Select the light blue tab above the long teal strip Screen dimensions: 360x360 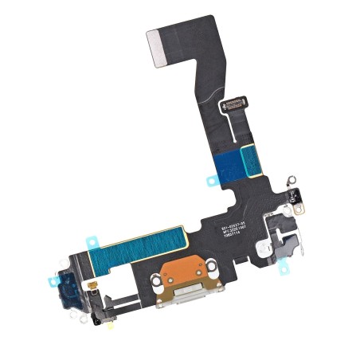[x=91, y=237]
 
